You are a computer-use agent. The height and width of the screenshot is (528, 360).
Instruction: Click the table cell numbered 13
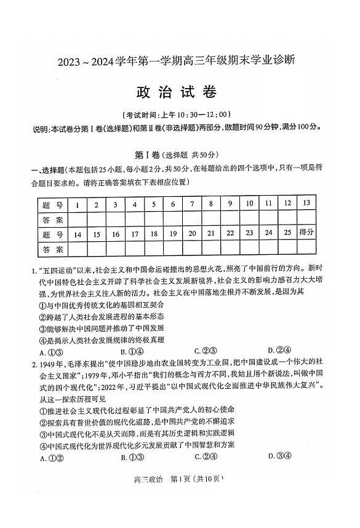tap(306, 204)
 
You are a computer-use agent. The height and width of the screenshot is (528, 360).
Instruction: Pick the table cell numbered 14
tap(77, 234)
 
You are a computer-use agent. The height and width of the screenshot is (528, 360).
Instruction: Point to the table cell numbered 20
tap(192, 234)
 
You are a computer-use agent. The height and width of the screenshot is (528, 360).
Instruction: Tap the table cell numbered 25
tap(287, 233)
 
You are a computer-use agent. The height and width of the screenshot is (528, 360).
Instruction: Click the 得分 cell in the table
tap(306, 233)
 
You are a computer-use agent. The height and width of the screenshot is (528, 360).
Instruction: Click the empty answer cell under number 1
tap(77, 220)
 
